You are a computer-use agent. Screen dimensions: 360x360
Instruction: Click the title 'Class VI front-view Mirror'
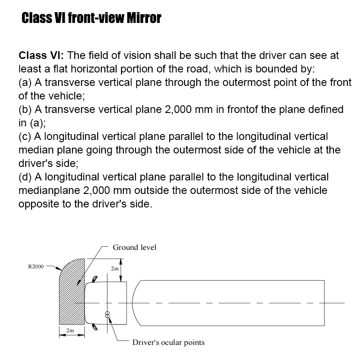[x=91, y=18]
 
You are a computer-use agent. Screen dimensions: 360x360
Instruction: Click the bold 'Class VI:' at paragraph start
[x=41, y=56]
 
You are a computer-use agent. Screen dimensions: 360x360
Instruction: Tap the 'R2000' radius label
[x=36, y=266]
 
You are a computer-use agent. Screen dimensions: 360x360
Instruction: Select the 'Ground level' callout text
[x=135, y=247]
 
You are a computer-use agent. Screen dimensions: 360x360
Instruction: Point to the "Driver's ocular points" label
[x=168, y=342]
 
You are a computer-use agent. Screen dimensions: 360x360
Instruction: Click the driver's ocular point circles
[x=107, y=314]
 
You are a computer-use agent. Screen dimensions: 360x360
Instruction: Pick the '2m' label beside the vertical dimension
[x=115, y=269]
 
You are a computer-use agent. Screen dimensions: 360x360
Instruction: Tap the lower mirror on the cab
[x=94, y=327]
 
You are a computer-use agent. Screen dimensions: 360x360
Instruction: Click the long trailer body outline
[x=229, y=302]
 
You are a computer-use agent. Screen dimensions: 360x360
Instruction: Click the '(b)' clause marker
[x=25, y=110]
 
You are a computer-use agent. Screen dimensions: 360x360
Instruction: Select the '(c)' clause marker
[x=25, y=136]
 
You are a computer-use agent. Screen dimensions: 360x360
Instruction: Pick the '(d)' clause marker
[x=25, y=177]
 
